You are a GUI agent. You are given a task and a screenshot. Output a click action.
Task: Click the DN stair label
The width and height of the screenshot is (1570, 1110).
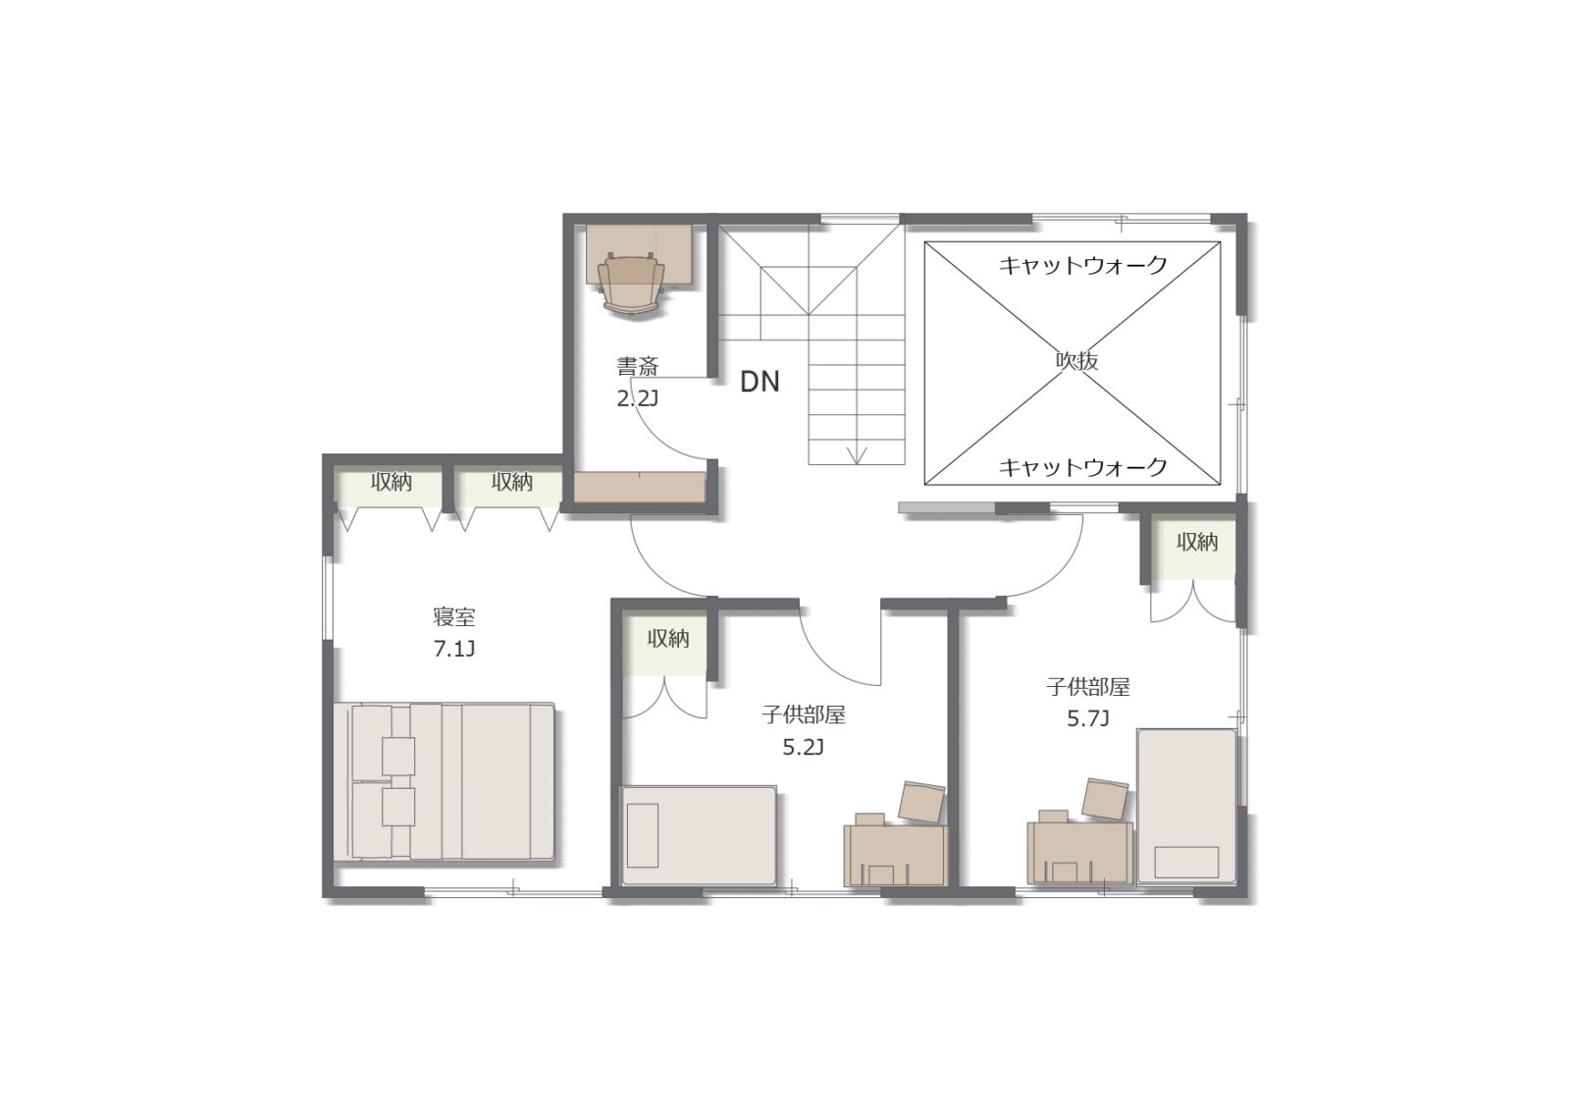(759, 382)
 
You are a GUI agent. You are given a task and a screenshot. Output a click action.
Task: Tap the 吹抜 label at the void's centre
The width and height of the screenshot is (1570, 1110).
(1076, 360)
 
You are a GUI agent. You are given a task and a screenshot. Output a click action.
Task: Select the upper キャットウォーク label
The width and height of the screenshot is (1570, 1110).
(1082, 265)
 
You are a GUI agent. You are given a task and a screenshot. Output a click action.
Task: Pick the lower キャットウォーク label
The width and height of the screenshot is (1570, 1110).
(1082, 467)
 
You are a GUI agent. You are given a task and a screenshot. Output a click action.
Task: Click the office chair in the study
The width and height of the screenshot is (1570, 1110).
(631, 286)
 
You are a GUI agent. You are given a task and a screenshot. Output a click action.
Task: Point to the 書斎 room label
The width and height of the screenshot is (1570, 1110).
(637, 366)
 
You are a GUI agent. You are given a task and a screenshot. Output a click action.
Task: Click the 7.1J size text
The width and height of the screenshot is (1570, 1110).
(454, 649)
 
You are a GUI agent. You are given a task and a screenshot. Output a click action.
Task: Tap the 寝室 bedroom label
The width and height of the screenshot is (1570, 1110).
(454, 617)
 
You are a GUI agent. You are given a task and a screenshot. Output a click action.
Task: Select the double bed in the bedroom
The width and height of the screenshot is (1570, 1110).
(445, 782)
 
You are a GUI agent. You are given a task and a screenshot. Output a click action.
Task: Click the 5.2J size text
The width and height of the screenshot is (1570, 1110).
(804, 748)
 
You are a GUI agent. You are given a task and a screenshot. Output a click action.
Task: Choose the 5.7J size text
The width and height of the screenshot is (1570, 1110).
(1088, 718)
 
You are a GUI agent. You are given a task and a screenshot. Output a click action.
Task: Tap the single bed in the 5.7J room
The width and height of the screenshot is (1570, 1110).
(1186, 807)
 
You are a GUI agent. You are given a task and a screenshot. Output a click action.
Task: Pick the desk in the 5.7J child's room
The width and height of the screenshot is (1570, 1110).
(1080, 853)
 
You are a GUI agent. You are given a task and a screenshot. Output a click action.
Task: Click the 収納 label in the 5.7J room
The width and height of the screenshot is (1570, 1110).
(1197, 542)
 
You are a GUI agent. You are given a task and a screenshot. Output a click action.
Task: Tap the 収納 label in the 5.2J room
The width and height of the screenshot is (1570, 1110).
(668, 638)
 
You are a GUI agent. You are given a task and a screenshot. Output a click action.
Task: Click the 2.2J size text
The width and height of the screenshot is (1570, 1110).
(637, 398)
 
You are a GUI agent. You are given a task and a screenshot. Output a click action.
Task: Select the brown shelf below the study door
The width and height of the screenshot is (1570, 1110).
(639, 488)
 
